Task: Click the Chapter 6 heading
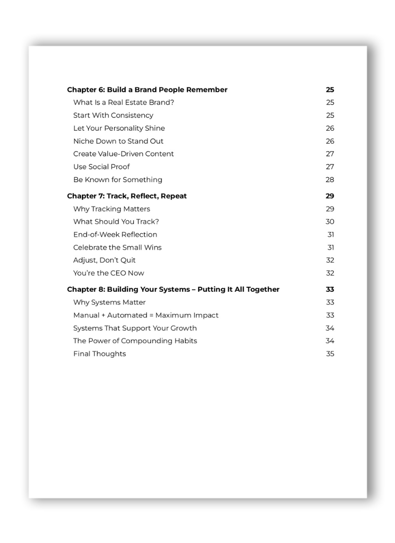[x=147, y=90]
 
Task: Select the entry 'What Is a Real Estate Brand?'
[x=123, y=103]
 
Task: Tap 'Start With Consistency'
[x=113, y=116]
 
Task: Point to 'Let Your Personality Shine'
[x=119, y=128]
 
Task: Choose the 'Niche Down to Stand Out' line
[x=118, y=141]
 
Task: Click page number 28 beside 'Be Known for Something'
[x=330, y=180]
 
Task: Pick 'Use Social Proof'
[x=101, y=167]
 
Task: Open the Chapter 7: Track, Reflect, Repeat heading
[x=127, y=196]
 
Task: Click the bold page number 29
[x=330, y=196]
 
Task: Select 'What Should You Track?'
[x=116, y=222]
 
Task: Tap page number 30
[x=330, y=222]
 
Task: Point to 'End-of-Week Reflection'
[x=115, y=234]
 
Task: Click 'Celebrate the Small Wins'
[x=117, y=247]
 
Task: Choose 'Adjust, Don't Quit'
[x=104, y=260]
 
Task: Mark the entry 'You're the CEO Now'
[x=109, y=273]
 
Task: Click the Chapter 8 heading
[x=173, y=289]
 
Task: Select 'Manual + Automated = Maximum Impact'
[x=146, y=315]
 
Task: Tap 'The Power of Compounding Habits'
[x=135, y=341]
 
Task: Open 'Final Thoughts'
[x=99, y=353]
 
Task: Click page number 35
[x=330, y=353]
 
